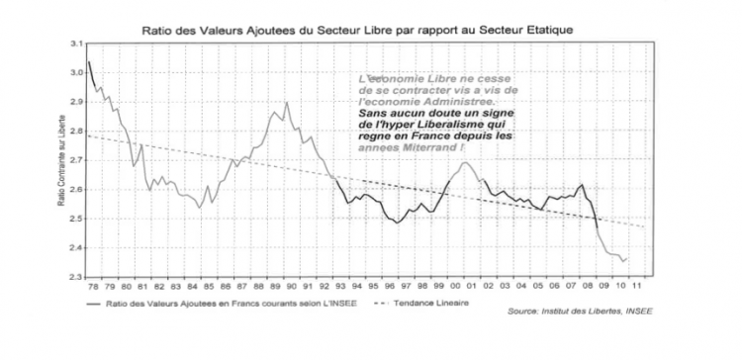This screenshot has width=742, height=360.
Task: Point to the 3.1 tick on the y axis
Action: coord(75,45)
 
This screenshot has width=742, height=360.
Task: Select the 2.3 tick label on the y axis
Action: coord(75,276)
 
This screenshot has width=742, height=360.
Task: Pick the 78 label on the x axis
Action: coord(92,288)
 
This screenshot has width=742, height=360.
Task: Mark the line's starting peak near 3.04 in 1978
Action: coord(88,61)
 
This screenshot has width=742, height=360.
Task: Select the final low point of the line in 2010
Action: coord(622,262)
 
